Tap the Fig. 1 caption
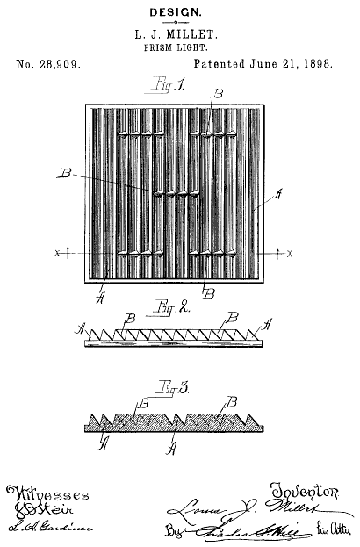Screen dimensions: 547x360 tap(166, 88)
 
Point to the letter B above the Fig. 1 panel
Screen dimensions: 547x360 tap(218, 93)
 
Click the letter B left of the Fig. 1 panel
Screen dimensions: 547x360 tap(64, 175)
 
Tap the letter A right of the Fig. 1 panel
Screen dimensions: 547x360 tap(278, 194)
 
